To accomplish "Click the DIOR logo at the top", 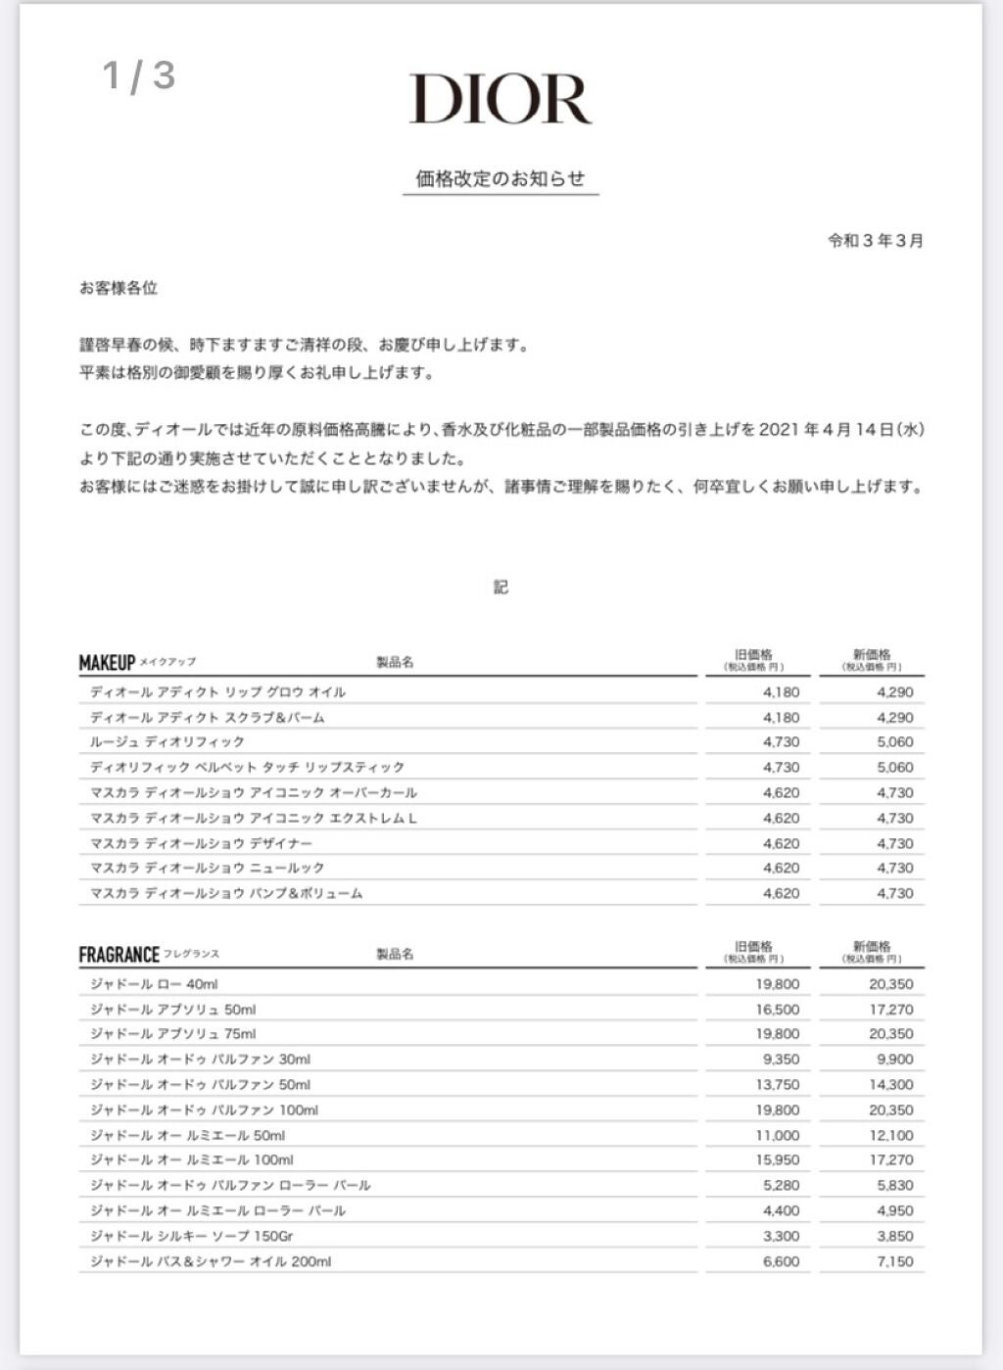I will pyautogui.click(x=501, y=99).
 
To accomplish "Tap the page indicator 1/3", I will pyautogui.click(x=139, y=75).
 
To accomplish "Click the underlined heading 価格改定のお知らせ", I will pyautogui.click(x=501, y=178).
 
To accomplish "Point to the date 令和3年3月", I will pyautogui.click(x=875, y=241).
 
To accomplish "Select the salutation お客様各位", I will pyautogui.click(x=119, y=288).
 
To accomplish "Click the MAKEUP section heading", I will pyautogui.click(x=107, y=663).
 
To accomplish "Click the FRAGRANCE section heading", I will pyautogui.click(x=119, y=955).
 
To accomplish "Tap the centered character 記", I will pyautogui.click(x=501, y=588).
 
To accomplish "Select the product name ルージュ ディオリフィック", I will pyautogui.click(x=167, y=742).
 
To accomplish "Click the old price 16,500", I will pyautogui.click(x=778, y=1010).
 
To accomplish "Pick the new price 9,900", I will pyautogui.click(x=895, y=1060).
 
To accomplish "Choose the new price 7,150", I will pyautogui.click(x=895, y=1261).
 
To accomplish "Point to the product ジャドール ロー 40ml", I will pyautogui.click(x=154, y=984).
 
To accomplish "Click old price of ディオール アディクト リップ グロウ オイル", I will pyautogui.click(x=781, y=692).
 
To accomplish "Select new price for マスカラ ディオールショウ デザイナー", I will pyautogui.click(x=895, y=843).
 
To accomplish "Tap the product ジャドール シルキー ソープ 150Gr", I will pyautogui.click(x=192, y=1236).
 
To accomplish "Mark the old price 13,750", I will pyautogui.click(x=778, y=1085).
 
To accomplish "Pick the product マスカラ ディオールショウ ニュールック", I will pyautogui.click(x=208, y=869).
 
